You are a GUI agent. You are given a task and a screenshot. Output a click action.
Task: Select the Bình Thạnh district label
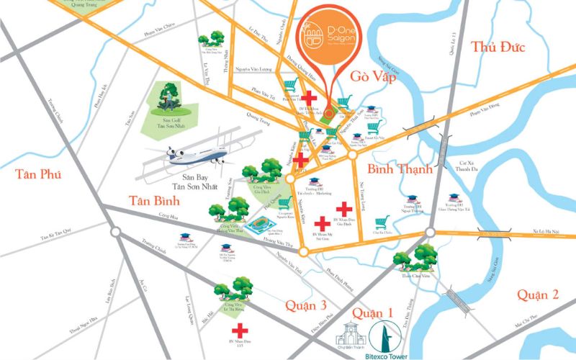click(400, 170)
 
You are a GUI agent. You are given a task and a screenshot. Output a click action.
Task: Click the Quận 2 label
click(538, 294)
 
